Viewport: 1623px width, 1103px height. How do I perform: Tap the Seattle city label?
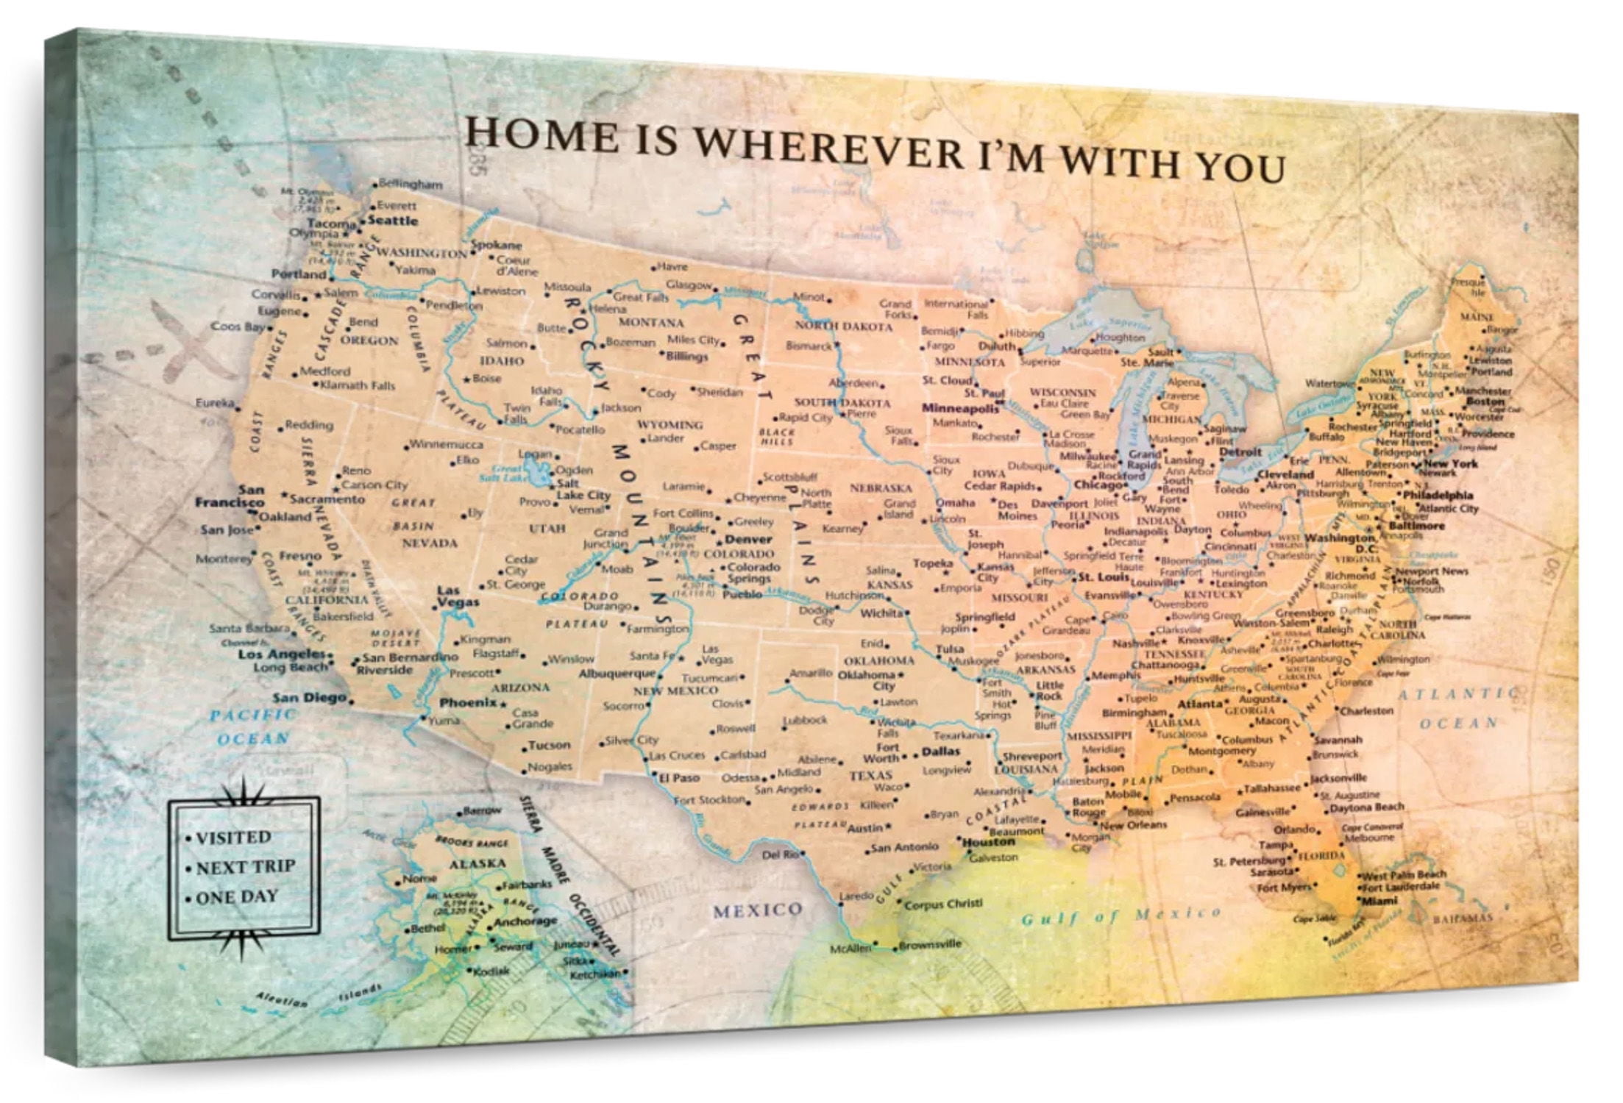393,220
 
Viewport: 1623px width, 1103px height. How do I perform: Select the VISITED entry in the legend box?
233,838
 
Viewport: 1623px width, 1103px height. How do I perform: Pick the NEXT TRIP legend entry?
245,867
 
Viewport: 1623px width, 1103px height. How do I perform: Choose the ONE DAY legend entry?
237,897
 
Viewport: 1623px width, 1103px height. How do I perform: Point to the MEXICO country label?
758,910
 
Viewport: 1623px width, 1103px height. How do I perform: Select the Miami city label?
1379,900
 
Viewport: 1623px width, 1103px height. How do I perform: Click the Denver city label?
748,539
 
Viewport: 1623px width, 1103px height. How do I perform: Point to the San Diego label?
309,697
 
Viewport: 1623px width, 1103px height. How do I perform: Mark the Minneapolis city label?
960,408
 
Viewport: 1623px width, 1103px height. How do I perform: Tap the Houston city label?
988,842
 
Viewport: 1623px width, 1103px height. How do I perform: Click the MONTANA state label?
651,322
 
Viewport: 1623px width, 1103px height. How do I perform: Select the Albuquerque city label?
617,673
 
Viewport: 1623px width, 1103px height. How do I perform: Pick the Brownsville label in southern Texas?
930,944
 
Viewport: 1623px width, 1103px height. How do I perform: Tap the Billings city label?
686,356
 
